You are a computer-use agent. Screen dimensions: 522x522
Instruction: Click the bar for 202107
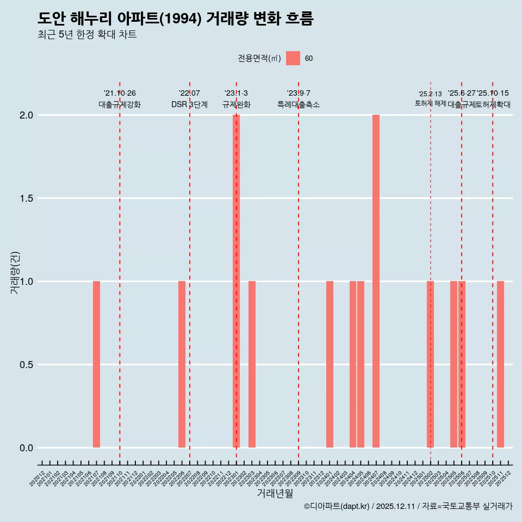coord(96,364)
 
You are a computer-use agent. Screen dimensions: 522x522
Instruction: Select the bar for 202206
coord(182,364)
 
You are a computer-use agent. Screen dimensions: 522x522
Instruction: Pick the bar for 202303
coord(252,364)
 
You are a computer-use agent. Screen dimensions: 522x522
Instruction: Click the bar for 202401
coord(330,364)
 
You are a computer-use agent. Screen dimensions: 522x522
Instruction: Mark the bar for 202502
coord(430,364)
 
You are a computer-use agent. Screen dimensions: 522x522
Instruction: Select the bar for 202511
coord(500,364)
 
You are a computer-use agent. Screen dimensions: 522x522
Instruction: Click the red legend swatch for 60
coord(293,58)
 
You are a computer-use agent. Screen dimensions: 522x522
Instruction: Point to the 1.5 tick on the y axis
coord(27,198)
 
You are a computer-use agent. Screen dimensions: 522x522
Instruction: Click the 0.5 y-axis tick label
coord(27,364)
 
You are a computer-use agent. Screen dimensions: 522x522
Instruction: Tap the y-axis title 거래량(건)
coord(15,272)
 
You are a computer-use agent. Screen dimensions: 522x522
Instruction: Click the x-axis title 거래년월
coord(275,493)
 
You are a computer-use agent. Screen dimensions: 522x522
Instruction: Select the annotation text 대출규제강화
coord(120,104)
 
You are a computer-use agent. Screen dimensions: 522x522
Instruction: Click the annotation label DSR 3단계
coord(189,104)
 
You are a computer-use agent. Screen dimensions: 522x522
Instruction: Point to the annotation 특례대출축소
coord(299,104)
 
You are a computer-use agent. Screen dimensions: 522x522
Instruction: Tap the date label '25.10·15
coord(493,94)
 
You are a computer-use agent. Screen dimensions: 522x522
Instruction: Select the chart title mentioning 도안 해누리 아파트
coord(176,18)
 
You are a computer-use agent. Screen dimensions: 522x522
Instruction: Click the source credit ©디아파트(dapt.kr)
coord(337,506)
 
